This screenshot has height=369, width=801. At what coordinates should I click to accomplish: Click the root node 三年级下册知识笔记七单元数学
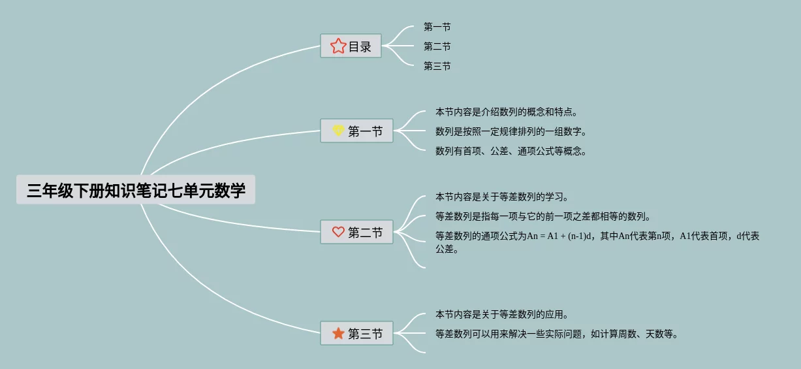point(136,190)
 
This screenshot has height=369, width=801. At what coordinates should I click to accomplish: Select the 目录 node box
point(351,46)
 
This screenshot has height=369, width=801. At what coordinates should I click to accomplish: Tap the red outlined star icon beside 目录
point(338,46)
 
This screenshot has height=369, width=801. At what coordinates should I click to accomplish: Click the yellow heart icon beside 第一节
point(338,131)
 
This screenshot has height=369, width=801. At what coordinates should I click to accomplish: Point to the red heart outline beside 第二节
point(338,232)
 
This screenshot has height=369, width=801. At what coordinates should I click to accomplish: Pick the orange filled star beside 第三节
point(338,333)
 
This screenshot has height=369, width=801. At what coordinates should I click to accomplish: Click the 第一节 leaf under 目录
point(437,27)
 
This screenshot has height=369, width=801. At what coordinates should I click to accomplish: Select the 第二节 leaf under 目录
point(437,46)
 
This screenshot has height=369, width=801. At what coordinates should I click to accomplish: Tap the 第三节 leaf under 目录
point(437,66)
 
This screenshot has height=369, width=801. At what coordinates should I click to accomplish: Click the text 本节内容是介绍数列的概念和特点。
point(507,112)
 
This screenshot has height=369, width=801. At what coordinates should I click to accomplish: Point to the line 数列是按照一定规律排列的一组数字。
point(511,131)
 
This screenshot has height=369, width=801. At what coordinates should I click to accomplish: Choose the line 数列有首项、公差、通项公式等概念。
point(511,151)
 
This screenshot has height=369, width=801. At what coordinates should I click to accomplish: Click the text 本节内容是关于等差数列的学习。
point(502,196)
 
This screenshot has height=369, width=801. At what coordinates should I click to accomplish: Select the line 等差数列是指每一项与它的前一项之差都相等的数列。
point(543,216)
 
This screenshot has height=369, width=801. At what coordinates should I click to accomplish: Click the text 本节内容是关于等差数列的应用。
point(502,314)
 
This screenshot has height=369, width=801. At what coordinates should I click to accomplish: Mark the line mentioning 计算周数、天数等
point(557,334)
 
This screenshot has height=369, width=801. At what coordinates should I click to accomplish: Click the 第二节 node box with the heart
point(357,232)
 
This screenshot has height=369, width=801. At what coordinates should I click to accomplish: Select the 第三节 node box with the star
point(357,333)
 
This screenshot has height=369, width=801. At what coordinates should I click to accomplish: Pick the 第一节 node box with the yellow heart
point(357,131)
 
